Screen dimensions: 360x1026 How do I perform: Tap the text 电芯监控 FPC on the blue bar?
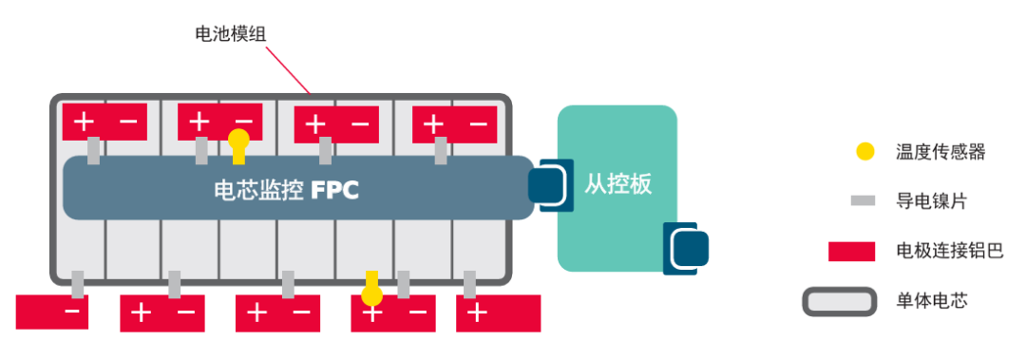(x=285, y=189)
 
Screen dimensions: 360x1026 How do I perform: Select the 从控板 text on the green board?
(x=618, y=183)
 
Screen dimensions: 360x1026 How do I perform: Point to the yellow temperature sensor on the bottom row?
(x=372, y=284)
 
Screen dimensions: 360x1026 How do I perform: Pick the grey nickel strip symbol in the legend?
(x=863, y=201)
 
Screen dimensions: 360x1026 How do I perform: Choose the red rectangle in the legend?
(x=851, y=252)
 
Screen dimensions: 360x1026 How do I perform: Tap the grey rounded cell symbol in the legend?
(x=839, y=302)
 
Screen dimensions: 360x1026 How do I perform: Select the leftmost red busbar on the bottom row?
(x=52, y=312)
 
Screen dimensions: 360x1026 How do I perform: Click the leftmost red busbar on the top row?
(x=105, y=122)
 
